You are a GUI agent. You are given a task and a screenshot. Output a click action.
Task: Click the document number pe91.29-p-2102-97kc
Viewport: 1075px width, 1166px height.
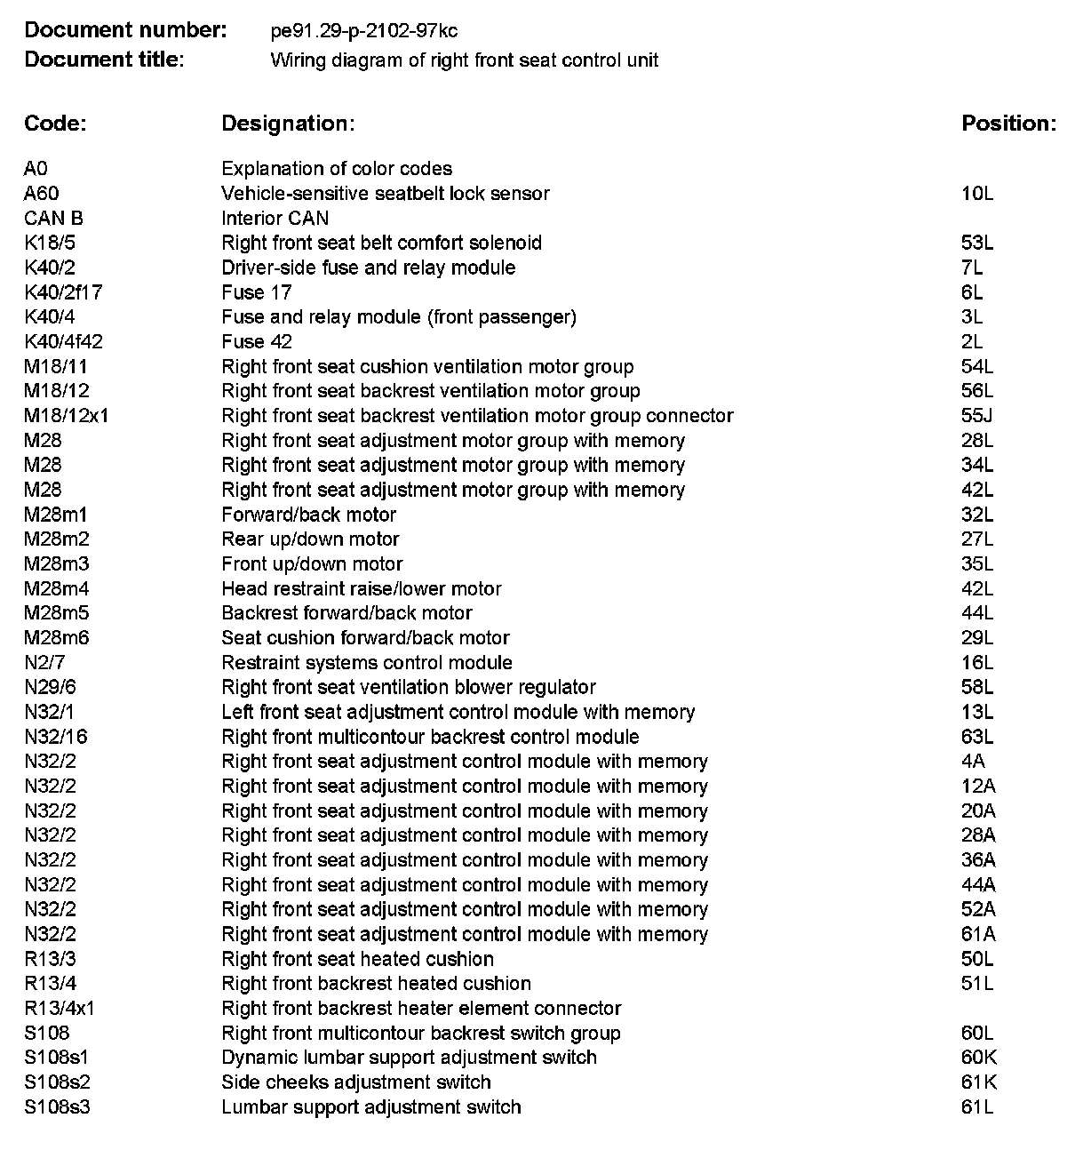pos(364,32)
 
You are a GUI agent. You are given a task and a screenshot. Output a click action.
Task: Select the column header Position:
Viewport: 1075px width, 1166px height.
pos(1008,124)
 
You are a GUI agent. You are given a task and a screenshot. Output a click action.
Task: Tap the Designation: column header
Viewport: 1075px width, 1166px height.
pos(288,124)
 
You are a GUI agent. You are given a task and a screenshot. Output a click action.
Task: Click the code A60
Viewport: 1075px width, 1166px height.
pos(42,194)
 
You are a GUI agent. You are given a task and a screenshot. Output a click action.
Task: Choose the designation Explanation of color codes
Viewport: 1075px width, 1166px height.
pos(337,169)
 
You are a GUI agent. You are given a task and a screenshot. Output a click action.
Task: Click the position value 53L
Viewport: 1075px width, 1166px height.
pos(977,244)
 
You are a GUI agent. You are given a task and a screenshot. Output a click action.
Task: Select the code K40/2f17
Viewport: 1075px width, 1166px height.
pos(63,292)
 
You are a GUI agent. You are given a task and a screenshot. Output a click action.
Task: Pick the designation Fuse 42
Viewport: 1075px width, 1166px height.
pos(257,342)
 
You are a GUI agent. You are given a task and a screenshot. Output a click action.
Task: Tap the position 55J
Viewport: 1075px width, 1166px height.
pos(977,416)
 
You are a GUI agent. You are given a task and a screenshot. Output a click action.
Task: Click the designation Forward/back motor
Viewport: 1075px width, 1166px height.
pos(309,515)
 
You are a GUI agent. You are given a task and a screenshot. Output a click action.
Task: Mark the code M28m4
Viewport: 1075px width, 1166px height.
pos(57,588)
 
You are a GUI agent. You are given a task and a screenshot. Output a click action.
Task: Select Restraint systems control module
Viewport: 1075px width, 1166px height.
pos(367,663)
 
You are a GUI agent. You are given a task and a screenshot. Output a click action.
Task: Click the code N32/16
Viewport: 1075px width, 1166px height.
pos(56,737)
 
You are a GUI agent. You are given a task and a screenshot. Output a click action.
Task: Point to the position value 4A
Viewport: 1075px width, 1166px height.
pos(973,762)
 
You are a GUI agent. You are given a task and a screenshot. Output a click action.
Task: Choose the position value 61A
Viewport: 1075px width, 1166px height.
pos(978,934)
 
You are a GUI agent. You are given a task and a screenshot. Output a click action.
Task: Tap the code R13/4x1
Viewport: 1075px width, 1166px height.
pos(60,1009)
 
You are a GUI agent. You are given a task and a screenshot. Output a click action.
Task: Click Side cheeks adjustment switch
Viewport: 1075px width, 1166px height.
pos(356,1082)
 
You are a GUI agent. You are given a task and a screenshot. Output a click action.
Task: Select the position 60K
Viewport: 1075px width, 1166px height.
pos(978,1058)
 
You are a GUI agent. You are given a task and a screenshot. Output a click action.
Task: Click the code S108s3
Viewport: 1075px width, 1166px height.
pos(58,1107)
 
